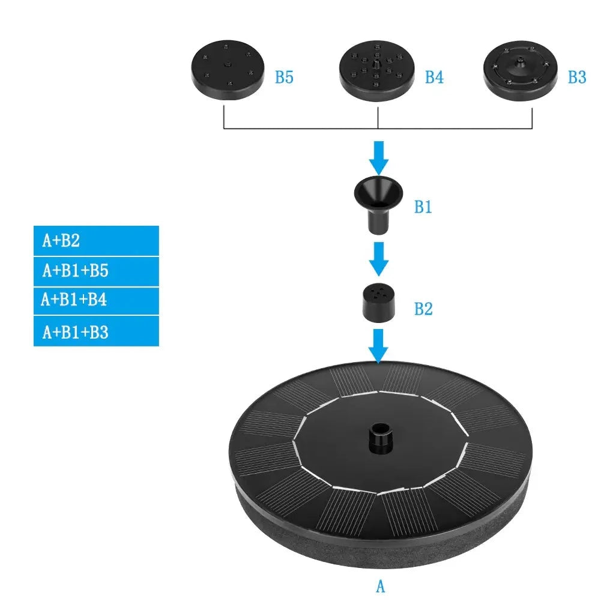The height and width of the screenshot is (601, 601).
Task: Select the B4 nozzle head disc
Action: click(377, 70)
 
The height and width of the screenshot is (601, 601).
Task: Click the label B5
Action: click(284, 77)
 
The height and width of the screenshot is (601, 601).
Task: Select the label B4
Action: click(434, 77)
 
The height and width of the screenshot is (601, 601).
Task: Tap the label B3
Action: click(577, 77)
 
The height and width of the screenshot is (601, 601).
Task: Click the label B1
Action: click(423, 208)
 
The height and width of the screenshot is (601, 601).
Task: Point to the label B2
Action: click(423, 309)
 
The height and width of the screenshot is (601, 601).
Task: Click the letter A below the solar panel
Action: click(379, 587)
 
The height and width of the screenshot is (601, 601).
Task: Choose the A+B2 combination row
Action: click(96, 241)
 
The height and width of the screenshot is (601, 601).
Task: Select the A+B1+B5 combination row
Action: click(96, 271)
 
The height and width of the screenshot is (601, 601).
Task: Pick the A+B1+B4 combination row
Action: click(96, 300)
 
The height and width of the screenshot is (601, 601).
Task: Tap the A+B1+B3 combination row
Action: click(96, 331)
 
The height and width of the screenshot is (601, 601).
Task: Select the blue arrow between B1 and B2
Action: click(378, 259)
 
